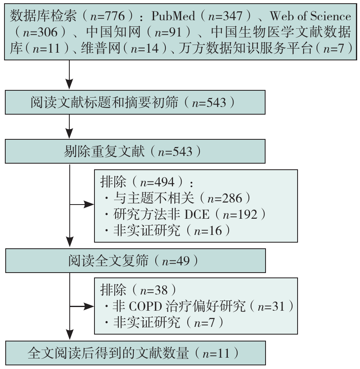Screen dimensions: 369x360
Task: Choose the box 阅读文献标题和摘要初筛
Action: [135, 102]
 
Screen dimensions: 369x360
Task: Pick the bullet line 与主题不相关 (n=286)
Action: [176, 198]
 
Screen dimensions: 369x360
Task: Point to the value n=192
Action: [240, 214]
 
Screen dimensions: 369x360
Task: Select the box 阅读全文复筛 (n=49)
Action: [135, 260]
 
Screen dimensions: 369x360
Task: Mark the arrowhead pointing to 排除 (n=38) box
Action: [90, 307]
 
